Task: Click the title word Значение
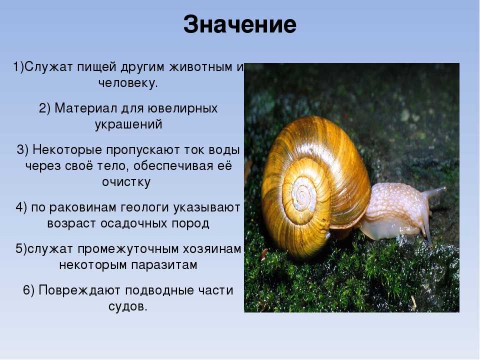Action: pyautogui.click(x=239, y=24)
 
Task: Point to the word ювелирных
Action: pyautogui.click(x=182, y=108)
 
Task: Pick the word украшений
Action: pyautogui.click(x=128, y=125)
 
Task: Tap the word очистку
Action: pyautogui.click(x=126, y=182)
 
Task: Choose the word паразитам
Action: pyautogui.click(x=164, y=265)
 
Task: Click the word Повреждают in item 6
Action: pyautogui.click(x=79, y=290)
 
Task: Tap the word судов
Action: pyautogui.click(x=128, y=306)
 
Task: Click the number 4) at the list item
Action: pyautogui.click(x=21, y=207)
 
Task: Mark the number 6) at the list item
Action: pyautogui.click(x=29, y=290)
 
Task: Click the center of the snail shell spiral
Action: pyautogui.click(x=302, y=194)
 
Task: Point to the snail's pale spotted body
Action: pyautogui.click(x=395, y=211)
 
